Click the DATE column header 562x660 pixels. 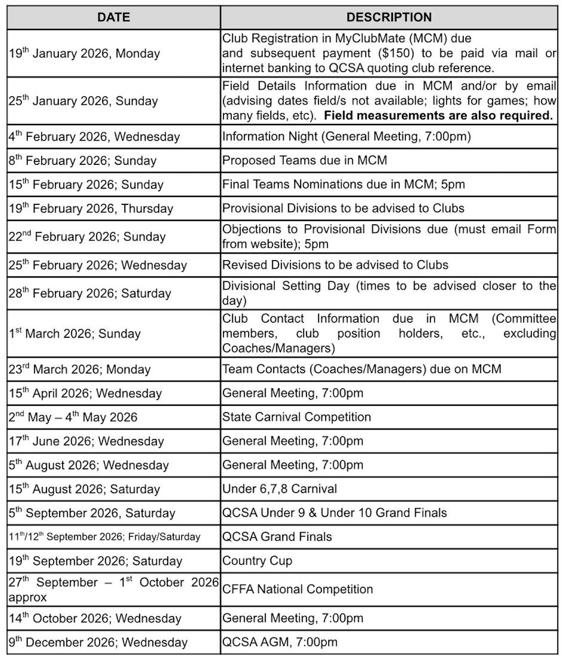click(114, 17)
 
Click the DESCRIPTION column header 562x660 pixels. click(389, 17)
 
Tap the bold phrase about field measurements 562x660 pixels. click(438, 115)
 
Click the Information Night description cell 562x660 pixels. click(347, 136)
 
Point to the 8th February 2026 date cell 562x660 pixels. click(83, 161)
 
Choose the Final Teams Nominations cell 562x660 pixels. click(343, 184)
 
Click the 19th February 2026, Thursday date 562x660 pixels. click(91, 208)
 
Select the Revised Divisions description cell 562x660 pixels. click(335, 265)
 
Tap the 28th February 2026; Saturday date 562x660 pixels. click(90, 293)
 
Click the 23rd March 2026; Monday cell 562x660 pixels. click(80, 369)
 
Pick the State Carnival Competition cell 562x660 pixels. click(296, 416)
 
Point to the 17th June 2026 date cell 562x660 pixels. click(86, 441)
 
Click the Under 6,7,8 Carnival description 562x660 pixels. click(279, 488)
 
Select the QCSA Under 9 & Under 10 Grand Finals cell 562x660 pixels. click(334, 512)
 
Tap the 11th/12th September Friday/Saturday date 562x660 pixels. click(105, 537)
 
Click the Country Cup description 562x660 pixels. click(257, 560)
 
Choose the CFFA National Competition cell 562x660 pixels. click(297, 589)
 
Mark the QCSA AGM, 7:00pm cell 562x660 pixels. click(280, 642)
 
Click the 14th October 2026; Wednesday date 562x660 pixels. click(95, 618)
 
